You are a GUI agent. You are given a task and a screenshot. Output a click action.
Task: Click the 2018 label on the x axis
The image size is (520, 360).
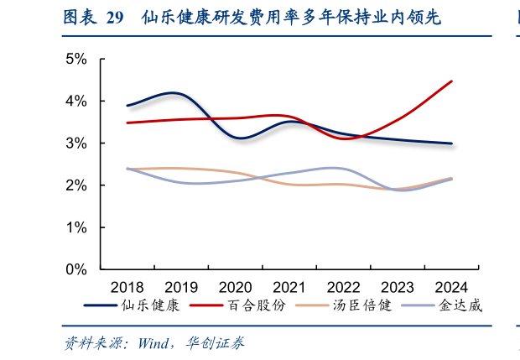click(x=127, y=285)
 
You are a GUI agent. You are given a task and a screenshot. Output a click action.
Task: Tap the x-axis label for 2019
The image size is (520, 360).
click(x=181, y=285)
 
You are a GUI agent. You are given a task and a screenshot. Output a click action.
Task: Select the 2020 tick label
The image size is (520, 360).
click(x=236, y=285)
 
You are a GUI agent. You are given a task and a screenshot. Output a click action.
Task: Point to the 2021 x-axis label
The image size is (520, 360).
click(x=289, y=285)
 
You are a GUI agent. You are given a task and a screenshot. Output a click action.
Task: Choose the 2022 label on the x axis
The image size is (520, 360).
click(x=344, y=285)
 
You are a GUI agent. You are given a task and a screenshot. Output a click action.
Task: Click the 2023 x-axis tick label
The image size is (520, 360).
click(x=398, y=285)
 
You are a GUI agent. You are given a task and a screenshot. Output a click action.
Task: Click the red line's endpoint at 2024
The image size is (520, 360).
click(x=452, y=81)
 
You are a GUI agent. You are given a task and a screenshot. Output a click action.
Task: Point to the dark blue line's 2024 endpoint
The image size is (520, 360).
click(x=452, y=143)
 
